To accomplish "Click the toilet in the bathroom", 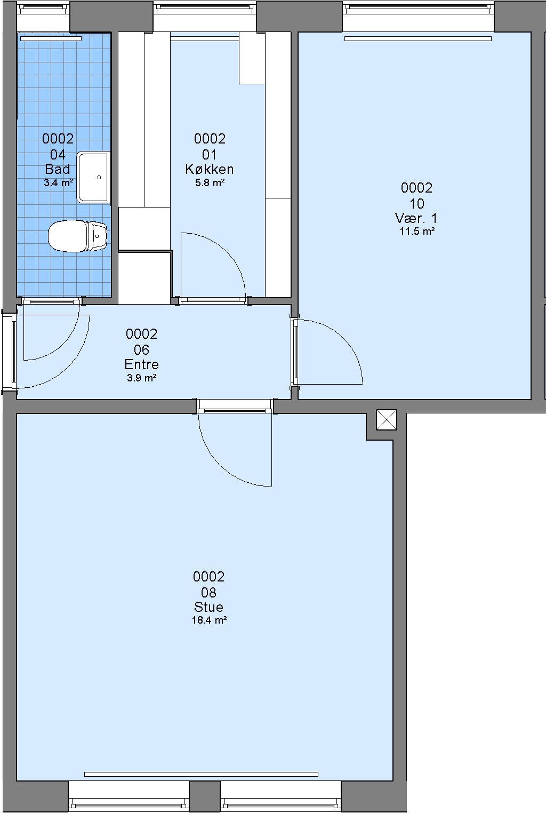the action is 78,236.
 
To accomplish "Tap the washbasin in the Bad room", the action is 93,177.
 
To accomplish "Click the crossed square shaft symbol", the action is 387,420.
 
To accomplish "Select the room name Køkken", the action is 210,169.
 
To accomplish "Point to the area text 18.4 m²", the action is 210,620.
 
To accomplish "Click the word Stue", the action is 208,607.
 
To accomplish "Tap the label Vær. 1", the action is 416,218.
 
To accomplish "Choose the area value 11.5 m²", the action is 417,231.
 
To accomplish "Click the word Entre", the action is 141,364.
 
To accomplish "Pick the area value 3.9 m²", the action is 141,378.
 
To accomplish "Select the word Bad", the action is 58,169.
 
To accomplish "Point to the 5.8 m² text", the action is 210,182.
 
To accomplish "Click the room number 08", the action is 208,593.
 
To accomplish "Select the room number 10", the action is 417,204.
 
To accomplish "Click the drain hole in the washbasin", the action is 99,177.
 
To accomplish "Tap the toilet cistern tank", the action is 97,236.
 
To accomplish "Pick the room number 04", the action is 58,155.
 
